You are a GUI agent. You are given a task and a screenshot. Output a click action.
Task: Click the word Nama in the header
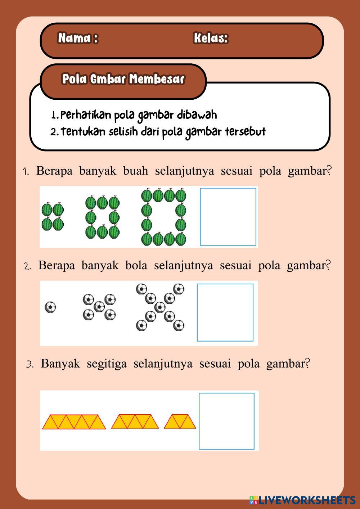74,38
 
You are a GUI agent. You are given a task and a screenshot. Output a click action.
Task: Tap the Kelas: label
211,38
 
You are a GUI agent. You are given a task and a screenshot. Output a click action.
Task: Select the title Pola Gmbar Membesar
123,79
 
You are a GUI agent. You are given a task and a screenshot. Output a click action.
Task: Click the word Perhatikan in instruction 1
86,115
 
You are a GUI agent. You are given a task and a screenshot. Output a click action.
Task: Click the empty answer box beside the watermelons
228,217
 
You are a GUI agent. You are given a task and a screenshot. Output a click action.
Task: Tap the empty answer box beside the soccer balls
225,312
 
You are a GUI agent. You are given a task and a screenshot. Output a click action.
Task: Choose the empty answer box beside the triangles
226,421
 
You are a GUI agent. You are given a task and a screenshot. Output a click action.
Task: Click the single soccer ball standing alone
50,307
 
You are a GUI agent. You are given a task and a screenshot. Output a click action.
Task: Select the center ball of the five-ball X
99,307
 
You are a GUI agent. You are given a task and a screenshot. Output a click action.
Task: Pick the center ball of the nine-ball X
159,307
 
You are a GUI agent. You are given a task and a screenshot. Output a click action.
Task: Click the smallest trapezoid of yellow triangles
180,422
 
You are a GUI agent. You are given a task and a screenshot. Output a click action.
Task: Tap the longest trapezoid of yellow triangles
74,422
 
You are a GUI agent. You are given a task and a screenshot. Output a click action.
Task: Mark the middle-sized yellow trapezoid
135,422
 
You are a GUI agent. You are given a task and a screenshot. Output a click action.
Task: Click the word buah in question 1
135,171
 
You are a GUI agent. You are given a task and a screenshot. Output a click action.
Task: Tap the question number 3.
30,364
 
